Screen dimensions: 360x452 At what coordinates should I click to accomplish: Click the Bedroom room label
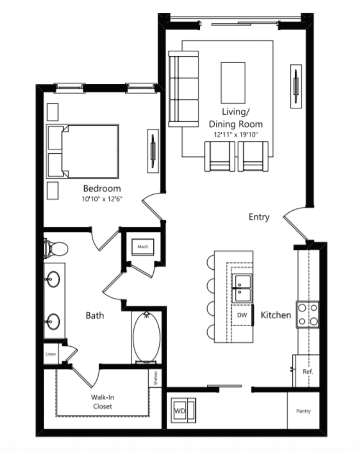pos(102,189)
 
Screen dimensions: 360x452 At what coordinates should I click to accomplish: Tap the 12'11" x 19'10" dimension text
pos(236,134)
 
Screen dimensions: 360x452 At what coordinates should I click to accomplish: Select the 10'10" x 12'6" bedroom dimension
pos(102,199)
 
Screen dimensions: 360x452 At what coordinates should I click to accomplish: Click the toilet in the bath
pos(56,248)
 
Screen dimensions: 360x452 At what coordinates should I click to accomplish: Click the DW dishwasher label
pos(242,315)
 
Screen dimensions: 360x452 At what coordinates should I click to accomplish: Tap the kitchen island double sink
pos(242,288)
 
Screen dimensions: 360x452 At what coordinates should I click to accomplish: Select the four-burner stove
pos(308,314)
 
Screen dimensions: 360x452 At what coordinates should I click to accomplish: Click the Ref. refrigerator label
pos(308,371)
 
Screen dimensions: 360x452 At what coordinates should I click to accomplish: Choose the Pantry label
pos(303,411)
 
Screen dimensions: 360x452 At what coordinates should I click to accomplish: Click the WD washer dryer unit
pos(183,411)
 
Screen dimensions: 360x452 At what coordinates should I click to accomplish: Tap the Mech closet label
pos(143,246)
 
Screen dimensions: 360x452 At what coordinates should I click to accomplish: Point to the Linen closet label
pos(51,354)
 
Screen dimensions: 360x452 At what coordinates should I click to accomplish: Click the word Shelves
pos(156,378)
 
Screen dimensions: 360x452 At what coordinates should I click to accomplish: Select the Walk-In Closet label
pos(103,402)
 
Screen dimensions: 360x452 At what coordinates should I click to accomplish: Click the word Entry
pos(259,217)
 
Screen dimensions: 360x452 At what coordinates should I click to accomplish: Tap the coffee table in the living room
pos(233,83)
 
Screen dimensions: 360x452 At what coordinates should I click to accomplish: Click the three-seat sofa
pos(184,89)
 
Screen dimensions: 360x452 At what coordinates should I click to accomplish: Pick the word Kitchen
pos(276,315)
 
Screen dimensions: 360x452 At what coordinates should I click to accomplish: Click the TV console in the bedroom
pos(153,151)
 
